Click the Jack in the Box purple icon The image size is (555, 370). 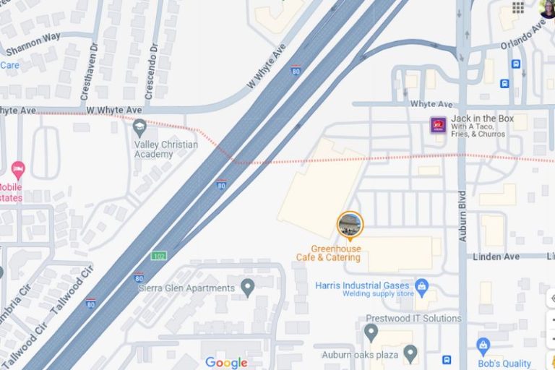[438, 125]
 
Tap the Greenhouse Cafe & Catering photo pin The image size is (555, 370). [350, 225]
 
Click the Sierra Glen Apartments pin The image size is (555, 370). [248, 288]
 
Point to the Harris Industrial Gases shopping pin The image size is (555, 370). [423, 285]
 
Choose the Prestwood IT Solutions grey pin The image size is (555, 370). [371, 332]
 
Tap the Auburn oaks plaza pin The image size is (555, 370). [410, 353]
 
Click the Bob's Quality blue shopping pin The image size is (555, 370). [483, 346]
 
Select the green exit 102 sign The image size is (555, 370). [159, 256]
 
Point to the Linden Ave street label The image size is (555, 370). [496, 257]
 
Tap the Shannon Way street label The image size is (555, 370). [33, 44]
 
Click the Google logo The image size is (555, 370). [226, 363]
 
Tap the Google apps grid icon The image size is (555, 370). [518, 8]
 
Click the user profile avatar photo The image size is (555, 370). [547, 8]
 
